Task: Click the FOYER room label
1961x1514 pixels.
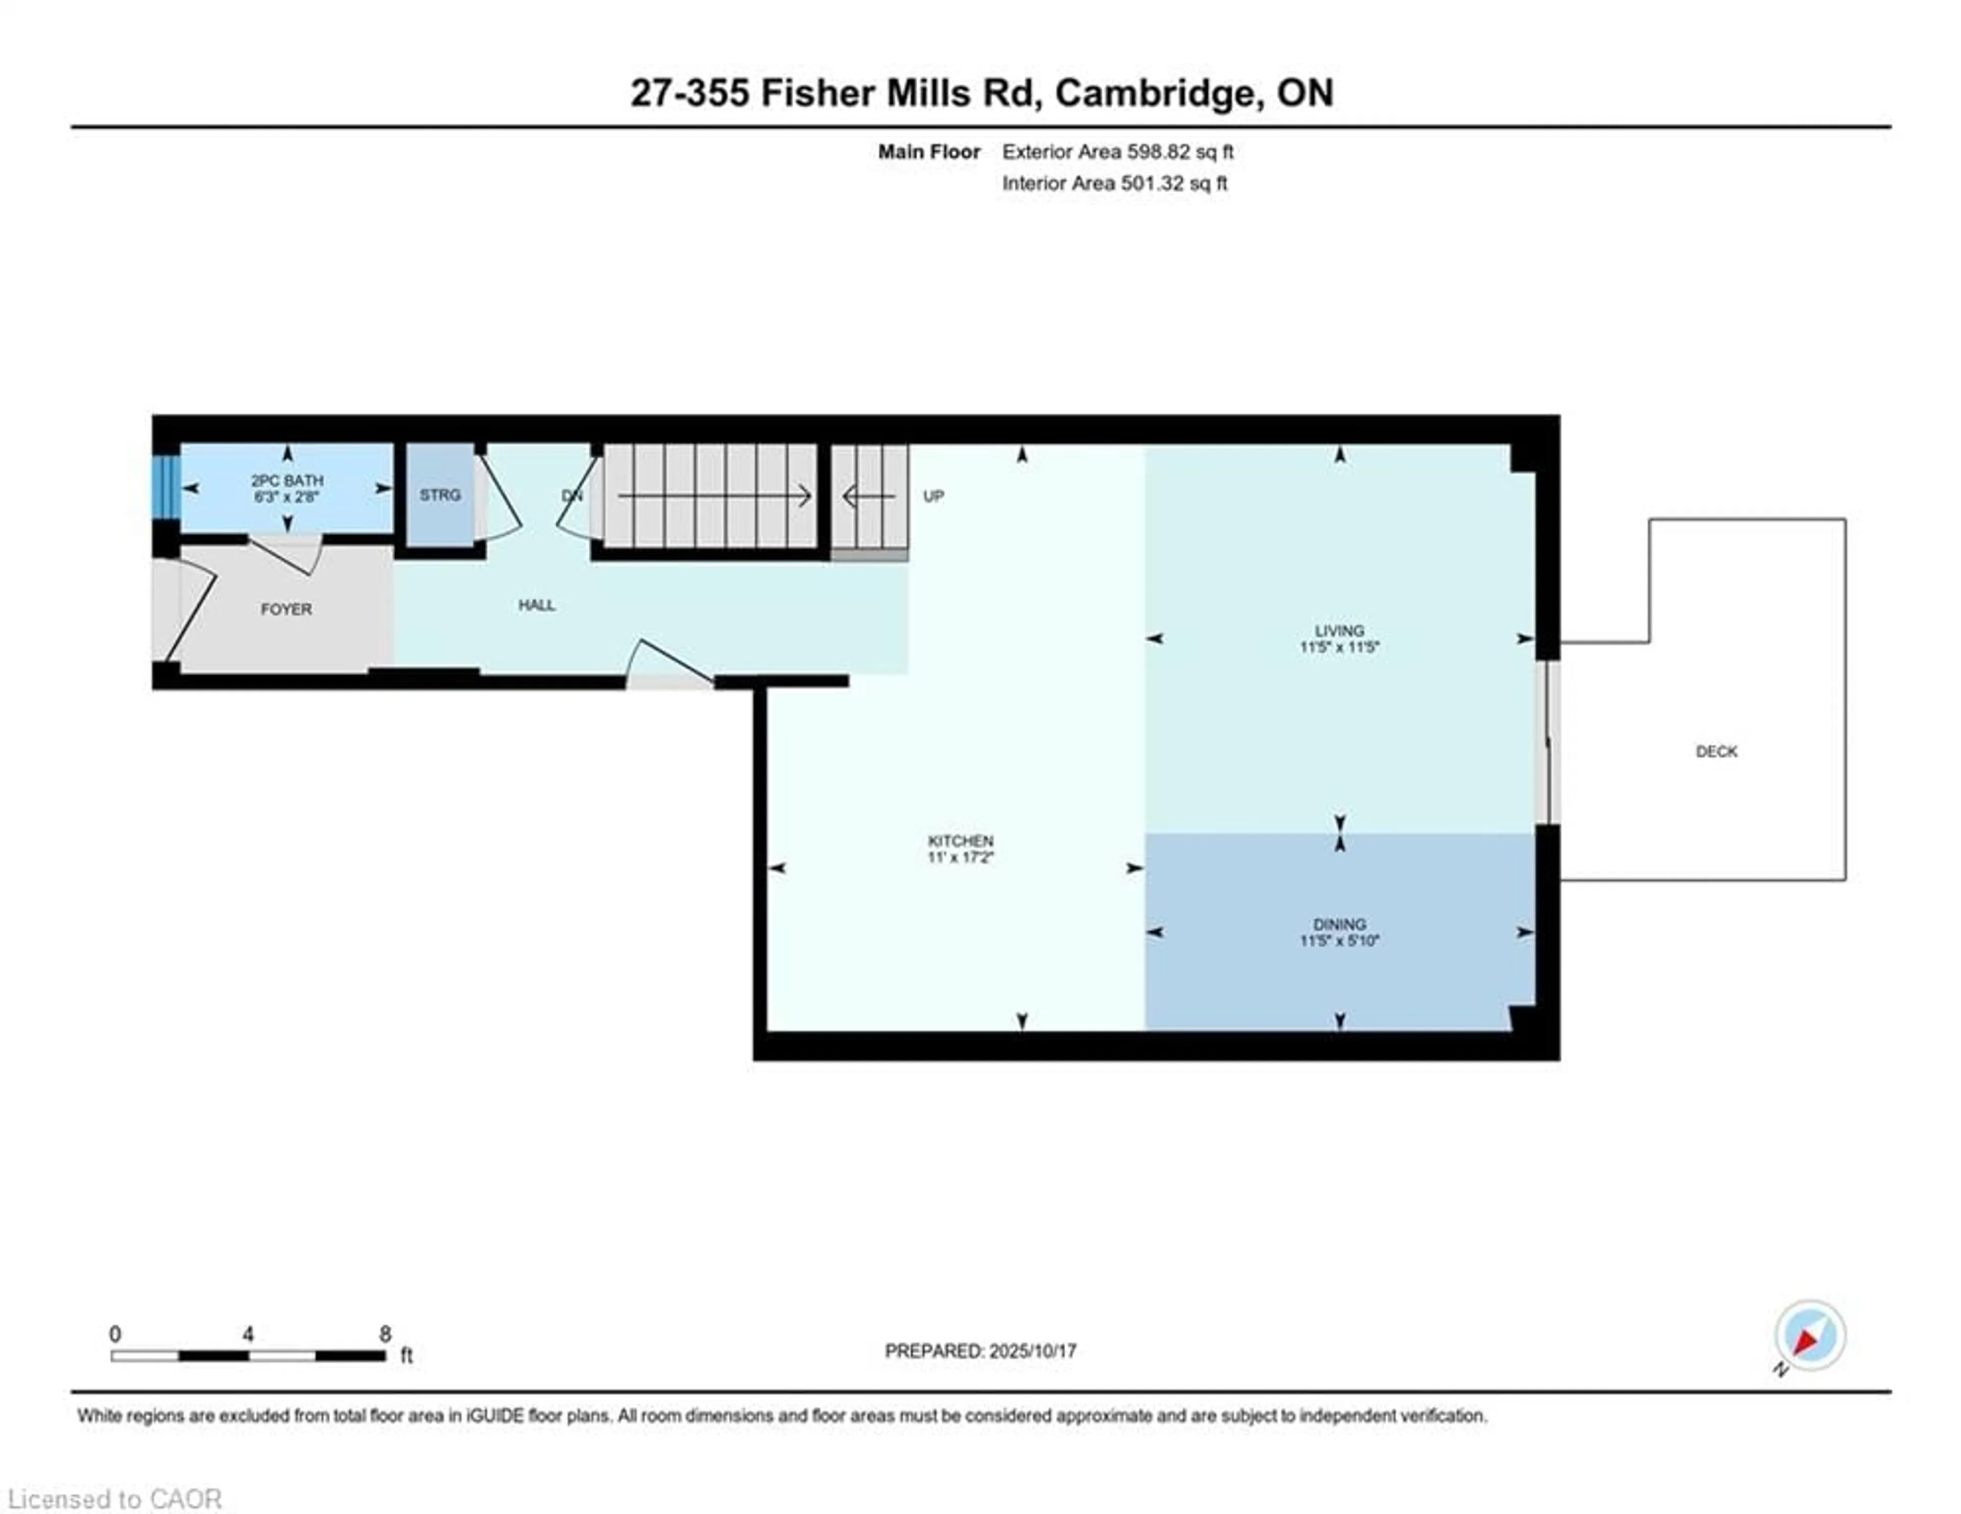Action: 286,609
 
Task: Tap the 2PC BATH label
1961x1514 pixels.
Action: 288,481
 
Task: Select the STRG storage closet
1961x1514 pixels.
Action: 440,495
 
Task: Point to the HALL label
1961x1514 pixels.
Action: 536,605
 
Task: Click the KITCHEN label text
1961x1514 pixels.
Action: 961,840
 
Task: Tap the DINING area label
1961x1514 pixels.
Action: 1340,924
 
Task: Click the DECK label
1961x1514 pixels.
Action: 1717,751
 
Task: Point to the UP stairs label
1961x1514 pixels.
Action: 934,495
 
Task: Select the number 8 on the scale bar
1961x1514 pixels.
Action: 385,1334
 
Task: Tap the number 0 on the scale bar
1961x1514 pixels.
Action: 115,1334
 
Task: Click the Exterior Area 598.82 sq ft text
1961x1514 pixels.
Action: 1118,152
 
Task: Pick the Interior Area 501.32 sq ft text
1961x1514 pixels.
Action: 1114,183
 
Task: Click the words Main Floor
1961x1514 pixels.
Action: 929,152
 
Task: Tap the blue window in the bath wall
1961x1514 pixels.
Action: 165,488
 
